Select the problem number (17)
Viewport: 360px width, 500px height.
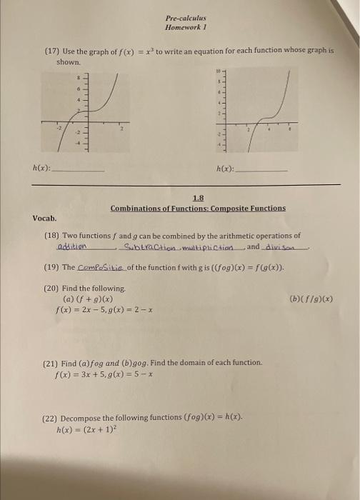[51, 51]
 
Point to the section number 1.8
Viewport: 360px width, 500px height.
[198, 198]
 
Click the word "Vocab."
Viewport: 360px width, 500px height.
[44, 218]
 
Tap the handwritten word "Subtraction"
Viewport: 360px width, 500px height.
[148, 247]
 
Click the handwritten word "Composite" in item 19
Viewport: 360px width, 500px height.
[101, 267]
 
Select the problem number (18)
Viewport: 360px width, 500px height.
[51, 234]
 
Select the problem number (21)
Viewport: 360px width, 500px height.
[51, 363]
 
